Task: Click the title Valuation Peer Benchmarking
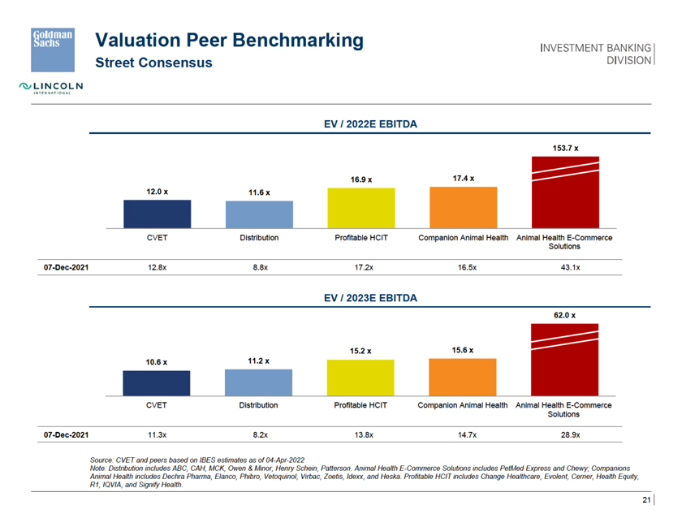[230, 40]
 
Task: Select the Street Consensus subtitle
[154, 63]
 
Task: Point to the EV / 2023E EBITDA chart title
[370, 298]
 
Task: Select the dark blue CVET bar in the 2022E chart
[157, 214]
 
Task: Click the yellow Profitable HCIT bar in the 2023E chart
[360, 378]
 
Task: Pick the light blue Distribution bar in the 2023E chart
[259, 382]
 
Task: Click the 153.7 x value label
[564, 148]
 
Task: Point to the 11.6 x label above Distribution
[259, 192]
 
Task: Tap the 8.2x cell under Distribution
[260, 435]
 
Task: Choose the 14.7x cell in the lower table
[463, 435]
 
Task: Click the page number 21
[646, 499]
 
